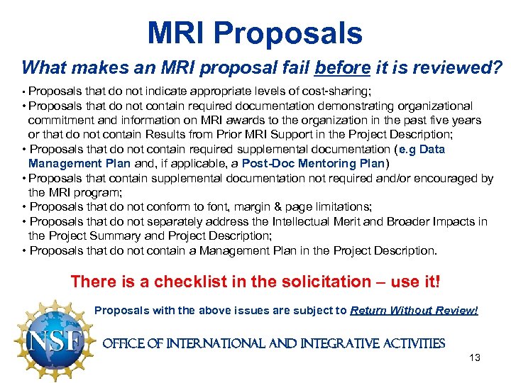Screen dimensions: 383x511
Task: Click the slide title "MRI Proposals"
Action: (255, 33)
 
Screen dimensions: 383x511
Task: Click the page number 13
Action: (475, 357)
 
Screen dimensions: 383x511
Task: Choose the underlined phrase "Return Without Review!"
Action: (414, 310)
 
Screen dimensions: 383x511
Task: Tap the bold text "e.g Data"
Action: (422, 150)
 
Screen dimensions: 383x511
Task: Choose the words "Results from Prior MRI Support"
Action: (221, 135)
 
